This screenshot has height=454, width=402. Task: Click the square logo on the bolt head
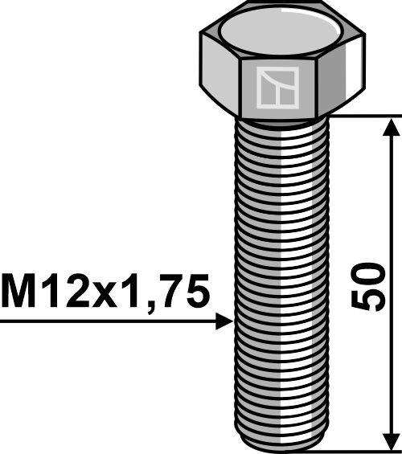click(x=277, y=87)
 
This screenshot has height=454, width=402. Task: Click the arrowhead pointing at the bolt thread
click(x=224, y=322)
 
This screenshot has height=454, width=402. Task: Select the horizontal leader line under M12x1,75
click(x=105, y=322)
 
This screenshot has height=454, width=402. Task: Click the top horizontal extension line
click(x=362, y=116)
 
